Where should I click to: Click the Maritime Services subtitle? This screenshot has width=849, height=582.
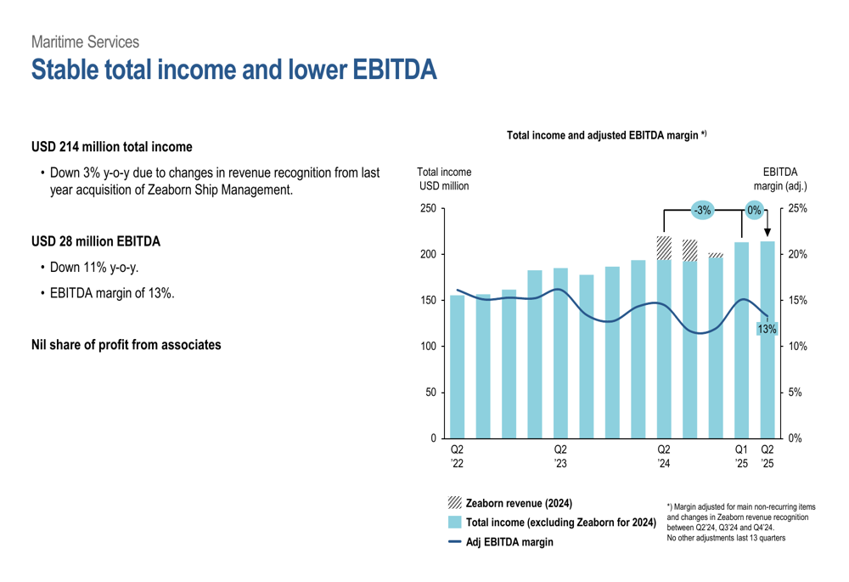pyautogui.click(x=85, y=42)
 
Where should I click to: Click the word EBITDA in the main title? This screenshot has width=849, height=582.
pyautogui.click(x=395, y=70)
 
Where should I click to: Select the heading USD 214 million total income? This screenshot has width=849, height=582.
pyautogui.click(x=112, y=147)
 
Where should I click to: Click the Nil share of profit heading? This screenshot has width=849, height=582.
pyautogui.click(x=127, y=345)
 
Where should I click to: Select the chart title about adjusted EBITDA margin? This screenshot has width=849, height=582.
pyautogui.click(x=606, y=135)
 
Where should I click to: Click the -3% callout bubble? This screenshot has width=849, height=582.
pyautogui.click(x=702, y=210)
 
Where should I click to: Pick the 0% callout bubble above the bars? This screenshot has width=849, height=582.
pyautogui.click(x=754, y=210)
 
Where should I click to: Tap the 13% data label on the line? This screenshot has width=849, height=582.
pyautogui.click(x=767, y=329)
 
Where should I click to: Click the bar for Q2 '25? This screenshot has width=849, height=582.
pyautogui.click(x=767, y=340)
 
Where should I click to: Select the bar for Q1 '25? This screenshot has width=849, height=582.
pyautogui.click(x=741, y=341)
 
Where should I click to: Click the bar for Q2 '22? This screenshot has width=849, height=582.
pyautogui.click(x=457, y=367)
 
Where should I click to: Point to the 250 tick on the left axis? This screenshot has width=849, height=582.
pyautogui.click(x=428, y=208)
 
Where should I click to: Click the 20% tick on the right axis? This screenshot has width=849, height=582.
pyautogui.click(x=797, y=254)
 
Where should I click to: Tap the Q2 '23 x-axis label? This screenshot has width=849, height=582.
pyautogui.click(x=560, y=456)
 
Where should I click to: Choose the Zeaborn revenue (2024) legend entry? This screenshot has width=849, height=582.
pyautogui.click(x=510, y=503)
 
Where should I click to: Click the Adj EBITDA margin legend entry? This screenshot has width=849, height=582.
pyautogui.click(x=501, y=542)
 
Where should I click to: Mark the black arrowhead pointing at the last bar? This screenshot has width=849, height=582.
pyautogui.click(x=767, y=233)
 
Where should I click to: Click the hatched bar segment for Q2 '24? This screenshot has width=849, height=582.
pyautogui.click(x=664, y=248)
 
